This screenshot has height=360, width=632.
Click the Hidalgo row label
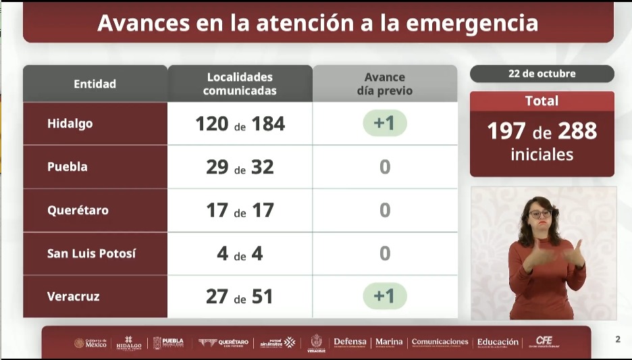70,124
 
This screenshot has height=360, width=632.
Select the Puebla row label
68,167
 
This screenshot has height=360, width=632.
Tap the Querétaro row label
78,210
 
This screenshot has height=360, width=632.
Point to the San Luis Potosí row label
91,253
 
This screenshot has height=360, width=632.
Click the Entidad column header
95,84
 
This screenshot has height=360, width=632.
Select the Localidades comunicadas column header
240,84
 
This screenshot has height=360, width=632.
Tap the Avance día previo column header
384,84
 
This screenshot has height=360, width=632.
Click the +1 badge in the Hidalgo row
384,124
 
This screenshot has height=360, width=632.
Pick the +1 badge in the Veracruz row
384,297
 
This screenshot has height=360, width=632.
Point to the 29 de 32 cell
240,167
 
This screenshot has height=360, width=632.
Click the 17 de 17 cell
240,210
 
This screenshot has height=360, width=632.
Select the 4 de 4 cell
240,253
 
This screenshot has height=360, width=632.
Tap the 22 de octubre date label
542,74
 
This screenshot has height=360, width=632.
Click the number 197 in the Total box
506,131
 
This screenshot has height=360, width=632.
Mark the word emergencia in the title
473,23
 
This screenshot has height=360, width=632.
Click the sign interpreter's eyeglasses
539,213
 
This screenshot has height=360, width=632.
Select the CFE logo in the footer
544,341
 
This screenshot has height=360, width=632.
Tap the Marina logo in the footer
389,342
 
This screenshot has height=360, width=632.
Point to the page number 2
618,339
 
